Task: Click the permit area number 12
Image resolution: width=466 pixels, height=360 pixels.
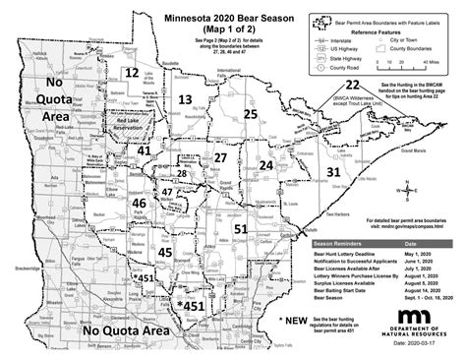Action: coord(131,73)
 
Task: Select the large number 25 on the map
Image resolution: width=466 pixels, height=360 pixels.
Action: coord(251,115)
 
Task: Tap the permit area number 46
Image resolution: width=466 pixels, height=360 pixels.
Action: coord(140,203)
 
